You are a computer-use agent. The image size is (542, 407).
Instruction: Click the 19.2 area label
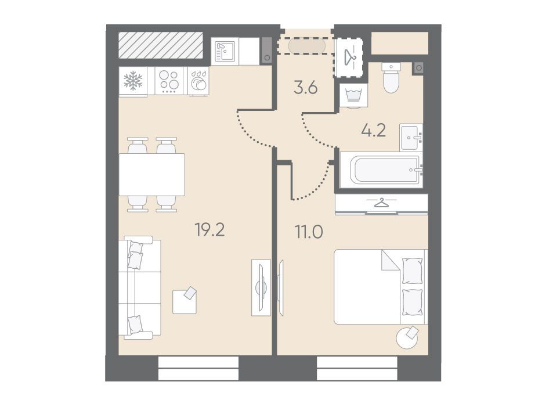210,229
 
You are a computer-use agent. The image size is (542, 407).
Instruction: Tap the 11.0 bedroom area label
308,232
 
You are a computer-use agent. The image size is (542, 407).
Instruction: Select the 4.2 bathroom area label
373,131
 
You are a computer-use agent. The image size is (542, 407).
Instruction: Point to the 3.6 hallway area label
306,88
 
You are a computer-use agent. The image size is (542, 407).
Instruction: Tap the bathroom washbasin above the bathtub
411,137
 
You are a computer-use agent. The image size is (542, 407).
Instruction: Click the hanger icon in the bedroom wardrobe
381,203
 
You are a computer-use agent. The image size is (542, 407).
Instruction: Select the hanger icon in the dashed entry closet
350,57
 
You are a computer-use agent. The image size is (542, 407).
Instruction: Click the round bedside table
407,337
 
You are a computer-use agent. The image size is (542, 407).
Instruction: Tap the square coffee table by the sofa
185,301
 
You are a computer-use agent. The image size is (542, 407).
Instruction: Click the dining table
151,175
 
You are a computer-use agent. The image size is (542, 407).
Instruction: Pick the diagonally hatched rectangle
161,45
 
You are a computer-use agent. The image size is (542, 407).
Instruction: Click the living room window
198,369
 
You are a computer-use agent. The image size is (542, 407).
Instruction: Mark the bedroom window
357,369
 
